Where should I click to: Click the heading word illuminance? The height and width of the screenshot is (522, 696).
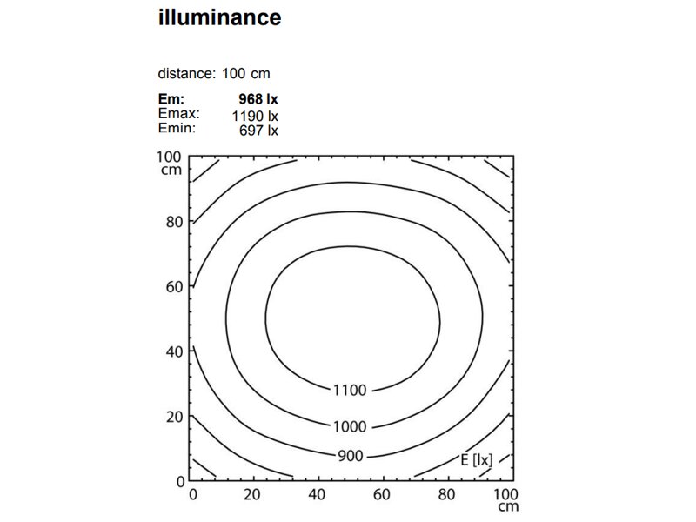pos(220,17)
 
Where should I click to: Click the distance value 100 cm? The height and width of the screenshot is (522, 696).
pos(246,73)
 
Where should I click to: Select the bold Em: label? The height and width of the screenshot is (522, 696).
pos(171,99)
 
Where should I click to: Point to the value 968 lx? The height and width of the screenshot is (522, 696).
pos(258,99)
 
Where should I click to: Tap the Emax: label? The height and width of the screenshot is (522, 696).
pos(179,114)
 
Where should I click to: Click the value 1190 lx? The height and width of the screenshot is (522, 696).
pos(255,117)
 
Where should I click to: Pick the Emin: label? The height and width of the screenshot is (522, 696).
pos(177,128)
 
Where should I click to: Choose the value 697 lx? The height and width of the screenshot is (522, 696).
pos(258,130)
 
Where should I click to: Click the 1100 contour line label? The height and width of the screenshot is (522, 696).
pos(350,390)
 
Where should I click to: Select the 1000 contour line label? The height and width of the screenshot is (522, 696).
pos(350,426)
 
